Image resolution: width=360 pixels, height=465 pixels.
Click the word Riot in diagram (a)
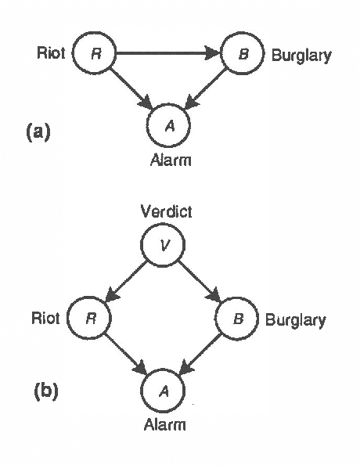tap(51, 54)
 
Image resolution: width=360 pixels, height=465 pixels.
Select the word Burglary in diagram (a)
tap(301, 56)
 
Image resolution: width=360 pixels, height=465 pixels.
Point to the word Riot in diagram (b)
tap(46, 319)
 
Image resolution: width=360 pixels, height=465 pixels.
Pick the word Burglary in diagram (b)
tap(295, 320)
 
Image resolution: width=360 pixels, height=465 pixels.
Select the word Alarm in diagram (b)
tap(164, 425)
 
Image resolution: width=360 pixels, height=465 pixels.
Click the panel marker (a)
tap(38, 132)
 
